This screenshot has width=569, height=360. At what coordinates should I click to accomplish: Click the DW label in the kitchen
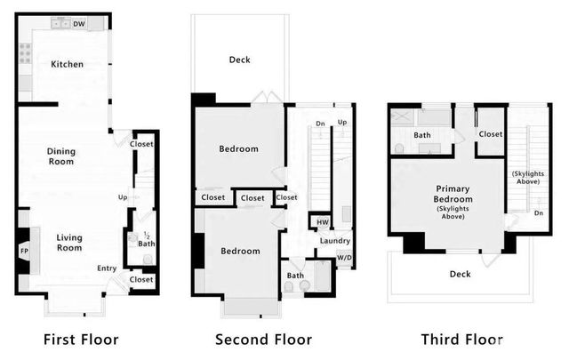point(79,24)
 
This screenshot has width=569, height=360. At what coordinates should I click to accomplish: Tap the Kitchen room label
point(67,64)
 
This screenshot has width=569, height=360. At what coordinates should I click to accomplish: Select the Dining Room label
point(61,156)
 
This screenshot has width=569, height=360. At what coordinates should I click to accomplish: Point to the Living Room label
point(69,243)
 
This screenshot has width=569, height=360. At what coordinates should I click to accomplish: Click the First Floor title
point(81,340)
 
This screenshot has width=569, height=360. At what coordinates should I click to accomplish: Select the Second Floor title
point(263,340)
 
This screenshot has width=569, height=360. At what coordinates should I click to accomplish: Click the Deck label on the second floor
point(239,60)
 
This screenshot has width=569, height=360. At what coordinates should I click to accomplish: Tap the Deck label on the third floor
point(459,275)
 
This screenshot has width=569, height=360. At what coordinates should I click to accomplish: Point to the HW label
point(319,220)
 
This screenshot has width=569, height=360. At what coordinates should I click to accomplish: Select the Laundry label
point(334,241)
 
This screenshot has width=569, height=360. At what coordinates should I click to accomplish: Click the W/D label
point(343,259)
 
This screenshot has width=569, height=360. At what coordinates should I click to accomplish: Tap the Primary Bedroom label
point(453,200)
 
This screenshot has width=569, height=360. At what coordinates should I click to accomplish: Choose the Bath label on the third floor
point(421,135)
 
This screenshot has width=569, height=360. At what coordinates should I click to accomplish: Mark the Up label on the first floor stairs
point(123,196)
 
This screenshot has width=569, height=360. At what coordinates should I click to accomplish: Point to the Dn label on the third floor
point(538,213)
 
